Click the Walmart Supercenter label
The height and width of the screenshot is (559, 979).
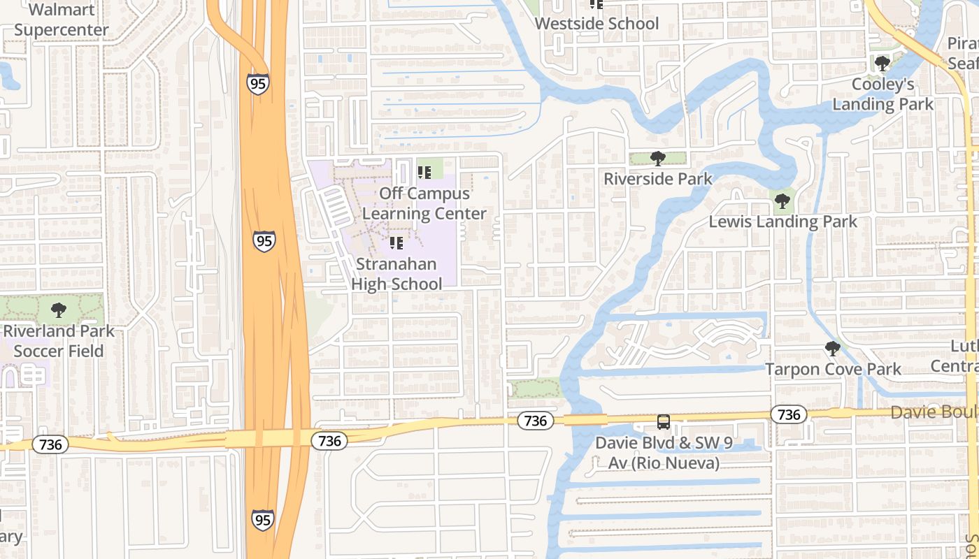(x=61, y=20)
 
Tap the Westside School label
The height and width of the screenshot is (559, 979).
(x=596, y=23)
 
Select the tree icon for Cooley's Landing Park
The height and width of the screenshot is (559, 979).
(x=882, y=64)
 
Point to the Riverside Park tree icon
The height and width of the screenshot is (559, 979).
(x=657, y=159)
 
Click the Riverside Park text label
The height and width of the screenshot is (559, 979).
(x=657, y=179)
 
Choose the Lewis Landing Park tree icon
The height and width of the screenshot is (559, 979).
(x=782, y=202)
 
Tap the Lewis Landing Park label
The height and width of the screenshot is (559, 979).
(x=783, y=222)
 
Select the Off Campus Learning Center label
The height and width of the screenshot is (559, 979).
(x=424, y=203)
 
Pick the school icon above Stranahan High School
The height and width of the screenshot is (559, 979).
(x=396, y=243)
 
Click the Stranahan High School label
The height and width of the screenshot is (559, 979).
(x=396, y=274)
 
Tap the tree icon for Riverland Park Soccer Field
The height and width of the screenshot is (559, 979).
(x=59, y=310)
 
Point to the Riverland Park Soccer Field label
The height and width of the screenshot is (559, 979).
(x=59, y=340)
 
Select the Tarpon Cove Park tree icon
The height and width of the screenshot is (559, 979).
(x=832, y=348)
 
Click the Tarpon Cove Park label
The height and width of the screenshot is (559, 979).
(x=833, y=368)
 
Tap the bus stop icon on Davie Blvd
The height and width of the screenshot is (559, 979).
(x=663, y=422)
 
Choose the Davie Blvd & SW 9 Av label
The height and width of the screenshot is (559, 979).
(x=657, y=453)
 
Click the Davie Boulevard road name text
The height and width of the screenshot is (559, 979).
(x=934, y=412)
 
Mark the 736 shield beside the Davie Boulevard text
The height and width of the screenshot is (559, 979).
(x=789, y=414)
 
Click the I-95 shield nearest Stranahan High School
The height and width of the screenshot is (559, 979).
(x=264, y=241)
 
